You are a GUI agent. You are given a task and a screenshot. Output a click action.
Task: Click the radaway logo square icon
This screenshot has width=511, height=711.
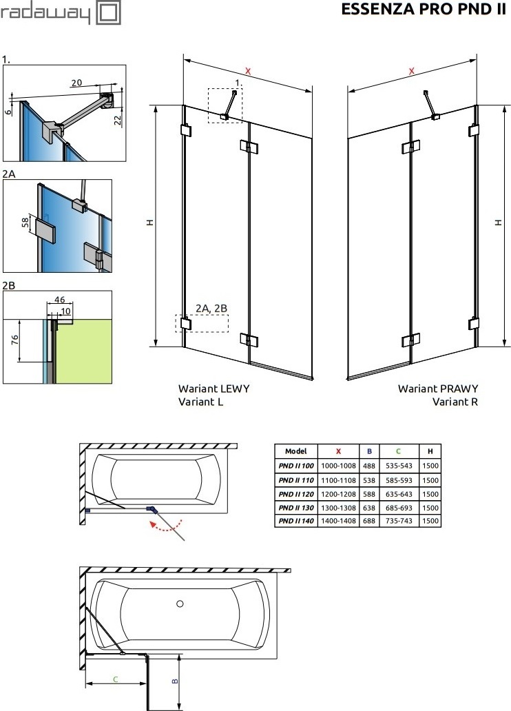(109, 13)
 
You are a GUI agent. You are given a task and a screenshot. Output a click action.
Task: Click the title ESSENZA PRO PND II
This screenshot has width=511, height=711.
(423, 10)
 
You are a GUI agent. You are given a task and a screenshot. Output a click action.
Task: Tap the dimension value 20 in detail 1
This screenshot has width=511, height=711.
(76, 83)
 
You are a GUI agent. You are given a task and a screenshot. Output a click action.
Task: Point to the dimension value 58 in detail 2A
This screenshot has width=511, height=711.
(26, 222)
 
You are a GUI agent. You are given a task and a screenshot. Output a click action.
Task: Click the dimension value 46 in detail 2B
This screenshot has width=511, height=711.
(59, 300)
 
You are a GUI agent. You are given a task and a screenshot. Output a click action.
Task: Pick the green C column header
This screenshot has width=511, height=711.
(398, 451)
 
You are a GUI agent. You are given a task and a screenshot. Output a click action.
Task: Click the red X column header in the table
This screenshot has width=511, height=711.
(338, 451)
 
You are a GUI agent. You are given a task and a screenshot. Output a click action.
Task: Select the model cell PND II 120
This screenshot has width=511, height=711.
(296, 494)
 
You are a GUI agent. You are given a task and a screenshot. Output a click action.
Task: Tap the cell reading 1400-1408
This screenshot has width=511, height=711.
(338, 521)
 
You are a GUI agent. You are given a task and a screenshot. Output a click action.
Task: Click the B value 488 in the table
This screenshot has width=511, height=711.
(369, 466)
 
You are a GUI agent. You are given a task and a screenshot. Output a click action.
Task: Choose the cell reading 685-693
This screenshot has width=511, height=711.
(399, 508)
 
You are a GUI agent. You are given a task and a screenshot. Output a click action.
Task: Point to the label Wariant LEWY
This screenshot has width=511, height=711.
(213, 389)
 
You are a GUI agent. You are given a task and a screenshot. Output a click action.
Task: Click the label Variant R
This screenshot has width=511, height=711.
(455, 402)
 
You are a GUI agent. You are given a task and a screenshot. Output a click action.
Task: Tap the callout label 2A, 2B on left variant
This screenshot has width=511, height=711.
(211, 309)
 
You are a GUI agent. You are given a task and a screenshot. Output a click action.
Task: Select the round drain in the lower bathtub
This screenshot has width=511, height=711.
(180, 604)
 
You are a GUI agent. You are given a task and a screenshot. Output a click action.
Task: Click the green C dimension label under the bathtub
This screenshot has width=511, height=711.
(116, 679)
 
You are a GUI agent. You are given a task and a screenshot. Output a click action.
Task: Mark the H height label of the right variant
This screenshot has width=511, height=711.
(499, 222)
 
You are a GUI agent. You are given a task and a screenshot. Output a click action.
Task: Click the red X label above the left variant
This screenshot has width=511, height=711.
(247, 71)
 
